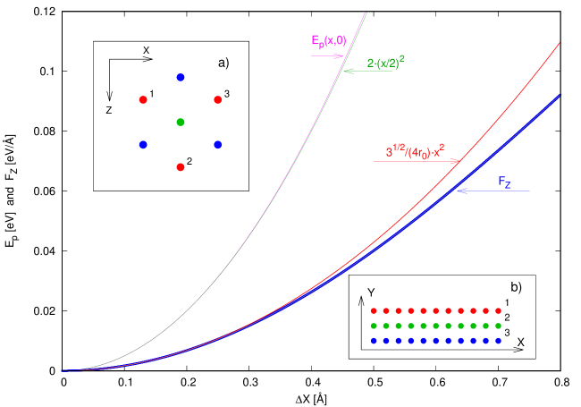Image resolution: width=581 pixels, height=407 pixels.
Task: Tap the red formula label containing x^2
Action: (x=416, y=151)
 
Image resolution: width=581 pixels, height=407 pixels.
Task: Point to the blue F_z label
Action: (x=505, y=182)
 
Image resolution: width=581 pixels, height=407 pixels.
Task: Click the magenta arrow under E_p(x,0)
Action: (x=327, y=55)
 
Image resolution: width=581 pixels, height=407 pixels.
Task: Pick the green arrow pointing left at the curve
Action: (x=368, y=72)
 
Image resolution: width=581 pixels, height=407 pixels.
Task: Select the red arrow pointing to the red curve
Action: (x=417, y=162)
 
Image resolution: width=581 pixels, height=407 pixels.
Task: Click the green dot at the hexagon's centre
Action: (x=181, y=122)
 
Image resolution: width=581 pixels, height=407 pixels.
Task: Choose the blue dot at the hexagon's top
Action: (x=181, y=78)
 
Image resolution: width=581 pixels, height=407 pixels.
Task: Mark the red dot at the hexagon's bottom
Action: (x=181, y=167)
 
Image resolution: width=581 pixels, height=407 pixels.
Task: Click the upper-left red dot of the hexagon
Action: (x=143, y=99)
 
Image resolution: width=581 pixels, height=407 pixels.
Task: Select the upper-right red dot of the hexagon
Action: (x=218, y=99)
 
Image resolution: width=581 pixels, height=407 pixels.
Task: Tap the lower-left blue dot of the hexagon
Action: (x=143, y=144)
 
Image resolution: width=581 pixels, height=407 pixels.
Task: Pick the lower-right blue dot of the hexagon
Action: (x=218, y=144)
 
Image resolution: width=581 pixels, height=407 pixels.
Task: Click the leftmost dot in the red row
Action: (x=374, y=310)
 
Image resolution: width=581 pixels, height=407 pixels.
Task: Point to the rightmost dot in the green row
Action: (x=498, y=326)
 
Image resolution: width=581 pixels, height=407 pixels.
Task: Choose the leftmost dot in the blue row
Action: (x=374, y=341)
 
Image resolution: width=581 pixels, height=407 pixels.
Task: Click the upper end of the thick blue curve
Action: (x=560, y=95)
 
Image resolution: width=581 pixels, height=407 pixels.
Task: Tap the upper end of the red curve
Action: (x=560, y=43)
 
